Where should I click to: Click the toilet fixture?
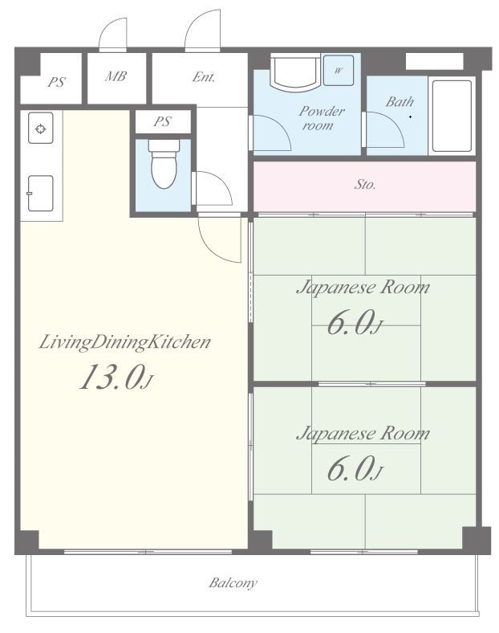click(164, 164)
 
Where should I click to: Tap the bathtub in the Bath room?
click(452, 116)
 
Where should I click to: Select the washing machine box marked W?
click(339, 70)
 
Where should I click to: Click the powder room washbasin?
click(295, 71)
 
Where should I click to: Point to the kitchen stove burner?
click(41, 129)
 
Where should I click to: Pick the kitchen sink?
click(40, 193)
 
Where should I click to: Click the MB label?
click(116, 76)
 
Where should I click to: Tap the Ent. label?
click(204, 76)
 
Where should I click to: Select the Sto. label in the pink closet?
click(365, 185)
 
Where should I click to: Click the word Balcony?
click(233, 583)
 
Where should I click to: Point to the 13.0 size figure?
click(116, 377)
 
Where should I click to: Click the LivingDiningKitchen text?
click(125, 343)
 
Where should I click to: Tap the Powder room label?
click(321, 118)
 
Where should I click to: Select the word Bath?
click(400, 102)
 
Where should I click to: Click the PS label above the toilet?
click(162, 121)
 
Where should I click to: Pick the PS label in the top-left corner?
click(56, 82)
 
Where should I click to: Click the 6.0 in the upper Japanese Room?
click(355, 323)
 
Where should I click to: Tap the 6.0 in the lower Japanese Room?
click(355, 468)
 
